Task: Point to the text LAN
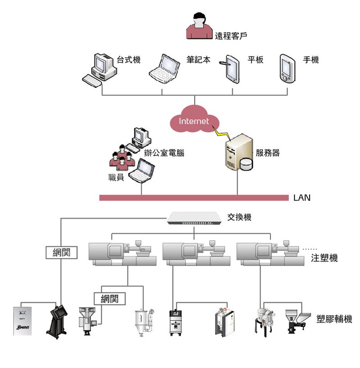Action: coord(301,198)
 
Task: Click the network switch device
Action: coord(195,218)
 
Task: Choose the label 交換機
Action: coord(239,218)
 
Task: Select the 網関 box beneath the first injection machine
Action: coord(109,298)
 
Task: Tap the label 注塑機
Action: coord(324,259)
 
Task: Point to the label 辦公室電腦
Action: coord(164,153)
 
